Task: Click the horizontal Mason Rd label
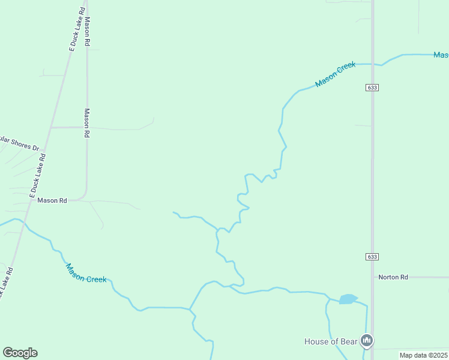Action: pos(52,200)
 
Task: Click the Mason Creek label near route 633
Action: pos(336,75)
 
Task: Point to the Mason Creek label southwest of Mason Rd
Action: pos(86,274)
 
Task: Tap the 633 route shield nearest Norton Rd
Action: pos(372,256)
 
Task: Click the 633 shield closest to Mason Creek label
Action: pos(372,88)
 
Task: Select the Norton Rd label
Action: pos(393,277)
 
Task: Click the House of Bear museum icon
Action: pos(367,341)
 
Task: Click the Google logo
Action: pos(20,353)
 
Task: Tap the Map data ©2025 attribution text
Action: pos(423,355)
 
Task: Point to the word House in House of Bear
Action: pos(316,342)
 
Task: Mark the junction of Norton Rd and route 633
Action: pos(372,277)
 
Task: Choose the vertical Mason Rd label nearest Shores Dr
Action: pos(87,123)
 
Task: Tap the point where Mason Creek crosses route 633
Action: pos(372,64)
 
